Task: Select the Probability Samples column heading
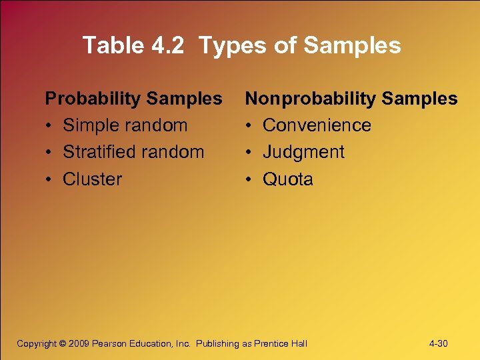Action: point(133,99)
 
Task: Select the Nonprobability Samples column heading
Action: point(351,99)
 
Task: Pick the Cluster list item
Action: point(92,179)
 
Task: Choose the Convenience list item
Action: point(317,125)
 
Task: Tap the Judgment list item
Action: point(303,152)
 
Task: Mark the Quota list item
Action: point(287,179)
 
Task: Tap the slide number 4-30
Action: point(438,343)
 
